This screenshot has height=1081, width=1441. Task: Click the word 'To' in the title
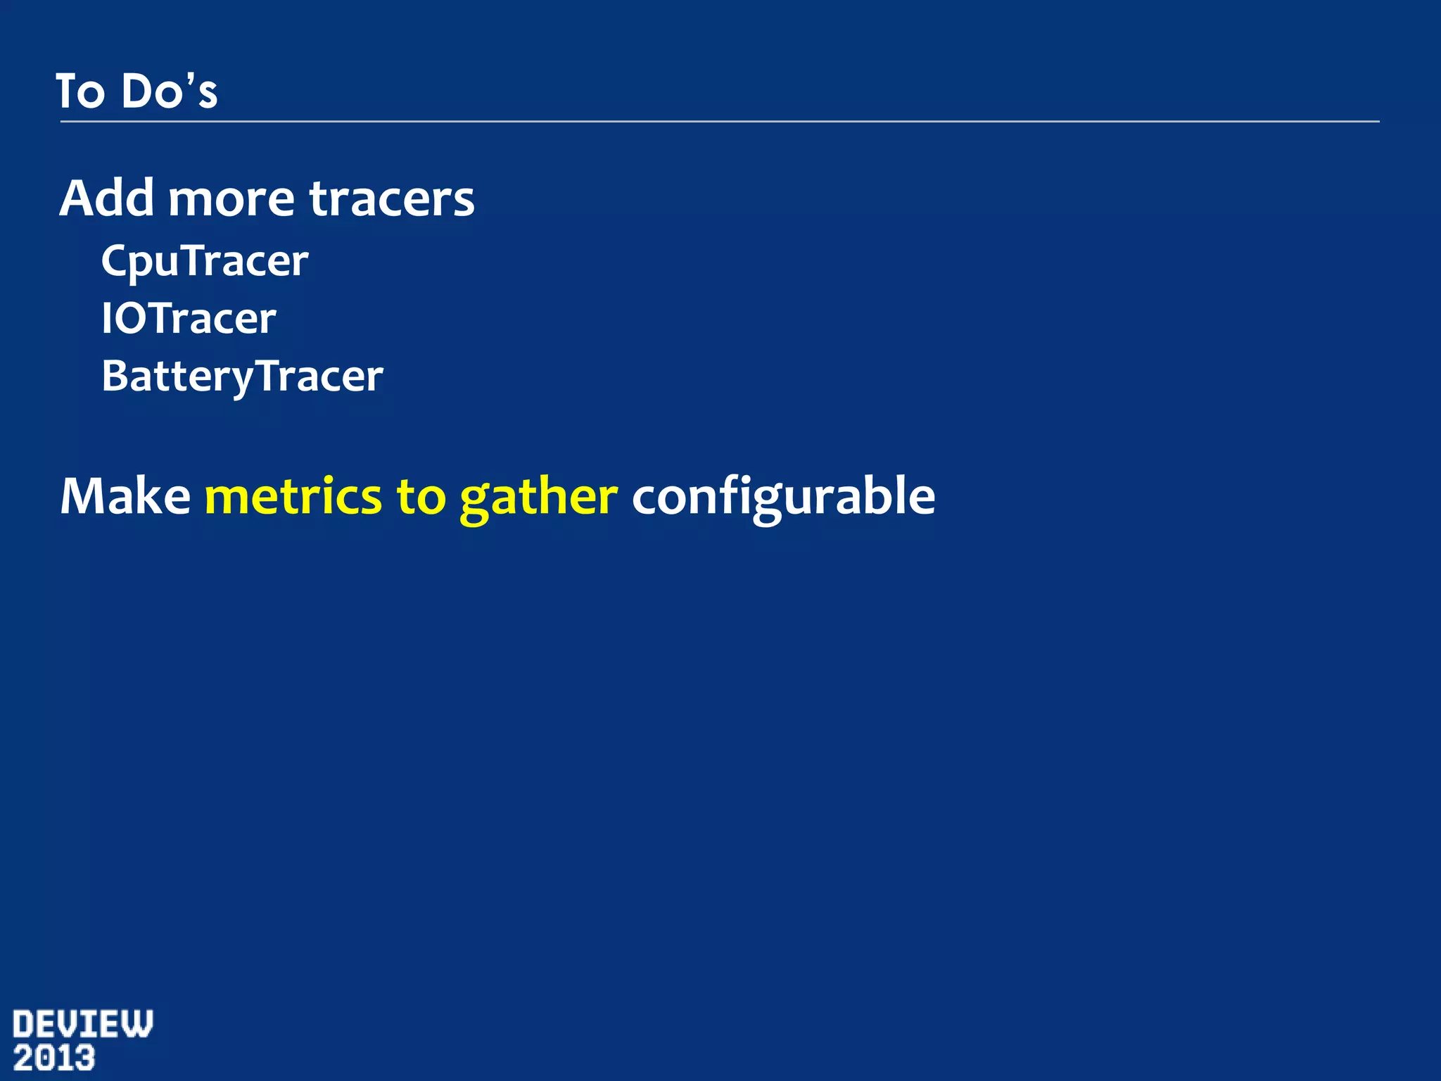(x=80, y=91)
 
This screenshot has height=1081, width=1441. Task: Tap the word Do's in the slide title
(x=169, y=91)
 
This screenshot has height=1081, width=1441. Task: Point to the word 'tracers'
(x=392, y=200)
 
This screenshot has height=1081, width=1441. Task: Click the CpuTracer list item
(x=205, y=262)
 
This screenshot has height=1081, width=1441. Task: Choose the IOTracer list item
(x=189, y=319)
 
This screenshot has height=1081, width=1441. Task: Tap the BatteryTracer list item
(x=242, y=377)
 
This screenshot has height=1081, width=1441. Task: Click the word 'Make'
(x=125, y=497)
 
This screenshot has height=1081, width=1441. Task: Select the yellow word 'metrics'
(x=293, y=497)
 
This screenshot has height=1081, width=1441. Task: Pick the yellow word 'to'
(x=421, y=497)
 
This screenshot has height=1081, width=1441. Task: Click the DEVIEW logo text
(x=82, y=1025)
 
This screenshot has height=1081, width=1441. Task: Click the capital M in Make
(x=81, y=497)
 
